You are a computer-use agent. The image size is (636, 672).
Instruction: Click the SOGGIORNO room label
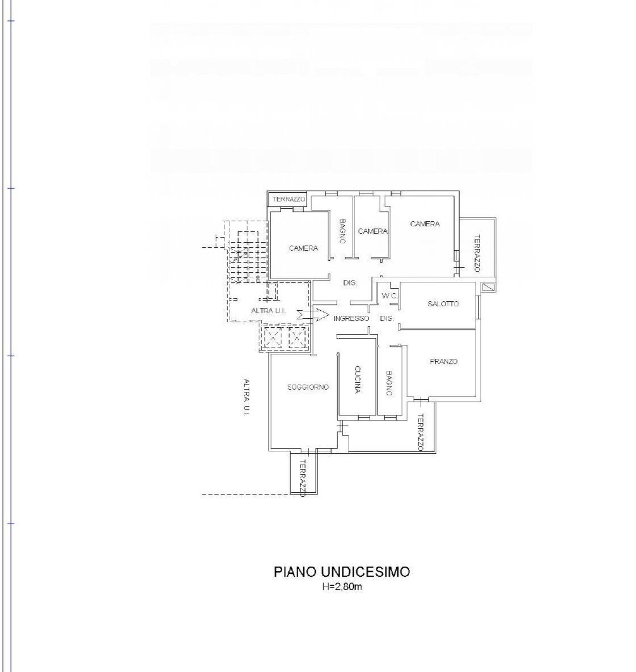point(308,387)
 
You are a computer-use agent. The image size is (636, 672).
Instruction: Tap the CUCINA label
point(358,379)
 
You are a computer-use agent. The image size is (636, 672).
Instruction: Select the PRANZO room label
point(443,362)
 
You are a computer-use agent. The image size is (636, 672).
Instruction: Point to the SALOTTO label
point(443,304)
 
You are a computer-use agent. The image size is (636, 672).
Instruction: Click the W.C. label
point(389,296)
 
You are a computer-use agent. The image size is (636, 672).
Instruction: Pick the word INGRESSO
point(351,319)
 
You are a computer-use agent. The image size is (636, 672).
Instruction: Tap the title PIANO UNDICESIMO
point(342,572)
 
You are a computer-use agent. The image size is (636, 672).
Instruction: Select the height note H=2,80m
point(342,587)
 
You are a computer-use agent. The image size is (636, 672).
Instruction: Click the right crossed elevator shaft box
point(297,338)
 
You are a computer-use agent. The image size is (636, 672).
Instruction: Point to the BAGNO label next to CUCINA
point(389,383)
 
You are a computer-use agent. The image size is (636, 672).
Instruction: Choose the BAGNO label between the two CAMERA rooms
point(342,231)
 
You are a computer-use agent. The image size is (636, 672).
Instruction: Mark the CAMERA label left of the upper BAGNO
point(303,248)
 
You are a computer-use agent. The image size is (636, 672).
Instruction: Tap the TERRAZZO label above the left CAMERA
point(289,200)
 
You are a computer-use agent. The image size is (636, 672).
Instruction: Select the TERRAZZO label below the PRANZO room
point(420,432)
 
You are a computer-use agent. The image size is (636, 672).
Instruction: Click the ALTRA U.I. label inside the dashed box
point(269,311)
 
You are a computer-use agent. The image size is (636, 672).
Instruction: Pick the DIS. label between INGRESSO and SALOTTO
point(387,319)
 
